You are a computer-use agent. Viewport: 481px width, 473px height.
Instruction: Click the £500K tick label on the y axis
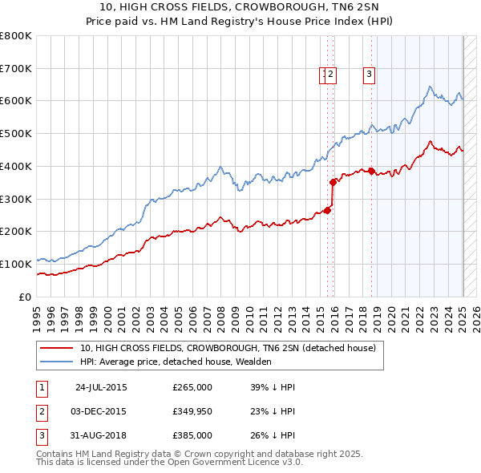pos(18,134)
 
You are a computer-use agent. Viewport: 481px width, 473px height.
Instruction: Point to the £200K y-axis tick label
pos(18,232)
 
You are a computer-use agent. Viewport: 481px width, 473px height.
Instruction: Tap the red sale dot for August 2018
pos(372,170)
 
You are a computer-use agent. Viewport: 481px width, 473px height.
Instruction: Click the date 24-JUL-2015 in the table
pos(101,387)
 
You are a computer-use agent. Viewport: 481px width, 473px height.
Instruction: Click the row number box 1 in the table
pos(41,387)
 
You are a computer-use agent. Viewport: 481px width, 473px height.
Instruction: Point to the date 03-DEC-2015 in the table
pos(101,411)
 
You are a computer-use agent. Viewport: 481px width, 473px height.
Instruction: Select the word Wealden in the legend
pos(254,362)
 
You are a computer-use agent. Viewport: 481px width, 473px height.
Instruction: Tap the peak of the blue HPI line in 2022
pos(430,87)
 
